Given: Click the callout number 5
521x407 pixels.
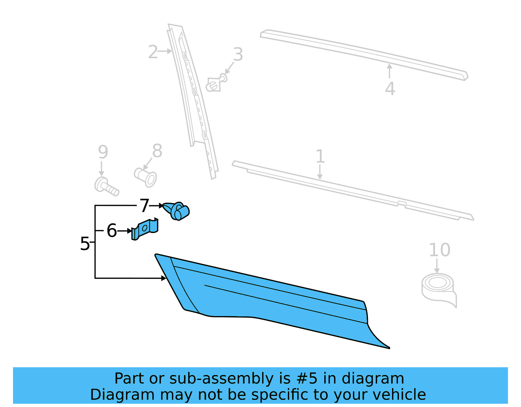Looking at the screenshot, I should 85,244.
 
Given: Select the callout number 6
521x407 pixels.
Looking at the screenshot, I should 112,231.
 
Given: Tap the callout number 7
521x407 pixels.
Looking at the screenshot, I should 144,206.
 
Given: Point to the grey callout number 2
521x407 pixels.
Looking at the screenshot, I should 153,52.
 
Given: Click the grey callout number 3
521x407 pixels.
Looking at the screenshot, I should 238,54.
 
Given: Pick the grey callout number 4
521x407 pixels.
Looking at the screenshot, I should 390,89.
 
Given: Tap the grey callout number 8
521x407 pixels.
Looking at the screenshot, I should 157,151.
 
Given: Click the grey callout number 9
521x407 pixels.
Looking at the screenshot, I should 103,152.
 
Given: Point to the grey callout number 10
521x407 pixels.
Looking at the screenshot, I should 439,250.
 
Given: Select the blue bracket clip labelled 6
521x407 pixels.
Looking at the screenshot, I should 145,229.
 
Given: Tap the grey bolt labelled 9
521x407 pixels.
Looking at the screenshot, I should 106,187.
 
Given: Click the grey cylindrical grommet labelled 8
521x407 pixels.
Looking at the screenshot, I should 146,177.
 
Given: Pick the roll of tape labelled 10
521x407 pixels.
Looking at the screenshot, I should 438,287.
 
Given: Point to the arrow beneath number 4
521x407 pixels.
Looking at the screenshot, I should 389,71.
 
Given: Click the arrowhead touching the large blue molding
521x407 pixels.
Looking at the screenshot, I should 164,278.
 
